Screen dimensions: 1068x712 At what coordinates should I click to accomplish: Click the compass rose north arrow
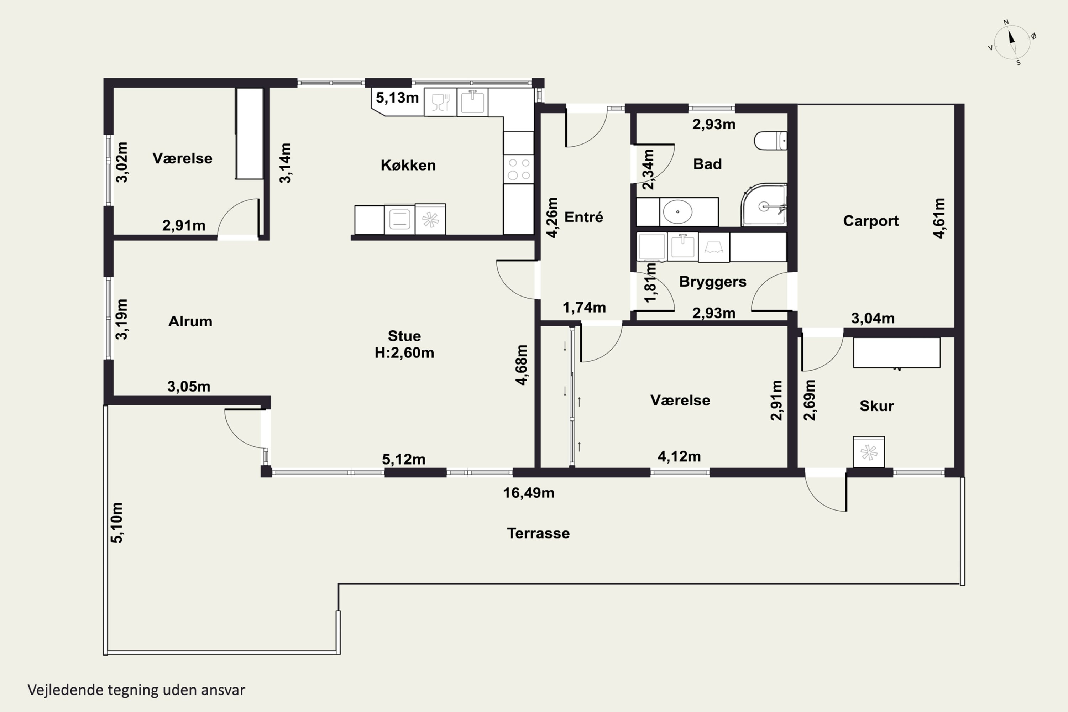[1012, 37]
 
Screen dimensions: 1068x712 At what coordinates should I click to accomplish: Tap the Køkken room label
[408, 165]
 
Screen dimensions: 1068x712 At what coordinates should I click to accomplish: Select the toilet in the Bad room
[771, 141]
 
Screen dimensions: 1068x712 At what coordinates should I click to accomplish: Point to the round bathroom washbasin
[677, 211]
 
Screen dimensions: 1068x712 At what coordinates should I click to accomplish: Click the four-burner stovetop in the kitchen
[519, 169]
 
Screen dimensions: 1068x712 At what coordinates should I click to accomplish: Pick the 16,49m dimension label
[529, 493]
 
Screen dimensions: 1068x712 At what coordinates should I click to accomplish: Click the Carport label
[870, 221]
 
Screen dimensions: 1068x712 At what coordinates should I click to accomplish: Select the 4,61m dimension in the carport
[939, 218]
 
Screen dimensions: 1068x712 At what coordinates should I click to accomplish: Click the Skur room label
[876, 406]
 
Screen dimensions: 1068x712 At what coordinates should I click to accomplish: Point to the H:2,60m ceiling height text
[404, 353]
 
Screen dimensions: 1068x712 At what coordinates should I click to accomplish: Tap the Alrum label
[190, 321]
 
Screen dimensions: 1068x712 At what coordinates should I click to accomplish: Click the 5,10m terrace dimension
[117, 523]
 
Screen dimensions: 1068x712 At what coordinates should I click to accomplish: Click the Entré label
[583, 217]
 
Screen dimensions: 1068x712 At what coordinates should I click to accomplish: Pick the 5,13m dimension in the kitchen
[397, 98]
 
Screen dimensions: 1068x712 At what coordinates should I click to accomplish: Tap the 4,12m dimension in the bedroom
[679, 456]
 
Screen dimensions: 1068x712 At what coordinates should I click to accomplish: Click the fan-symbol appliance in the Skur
[869, 452]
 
